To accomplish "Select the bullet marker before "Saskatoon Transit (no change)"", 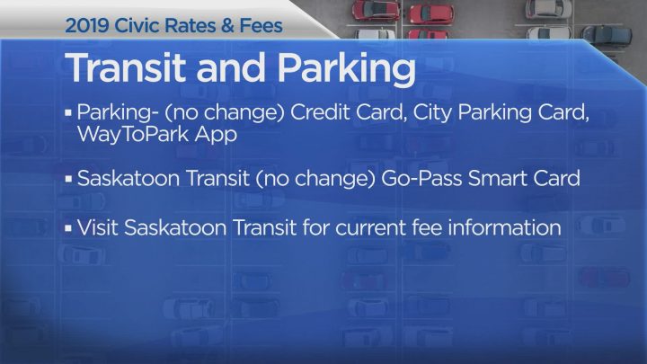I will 69,180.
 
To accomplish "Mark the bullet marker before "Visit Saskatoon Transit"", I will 69,228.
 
